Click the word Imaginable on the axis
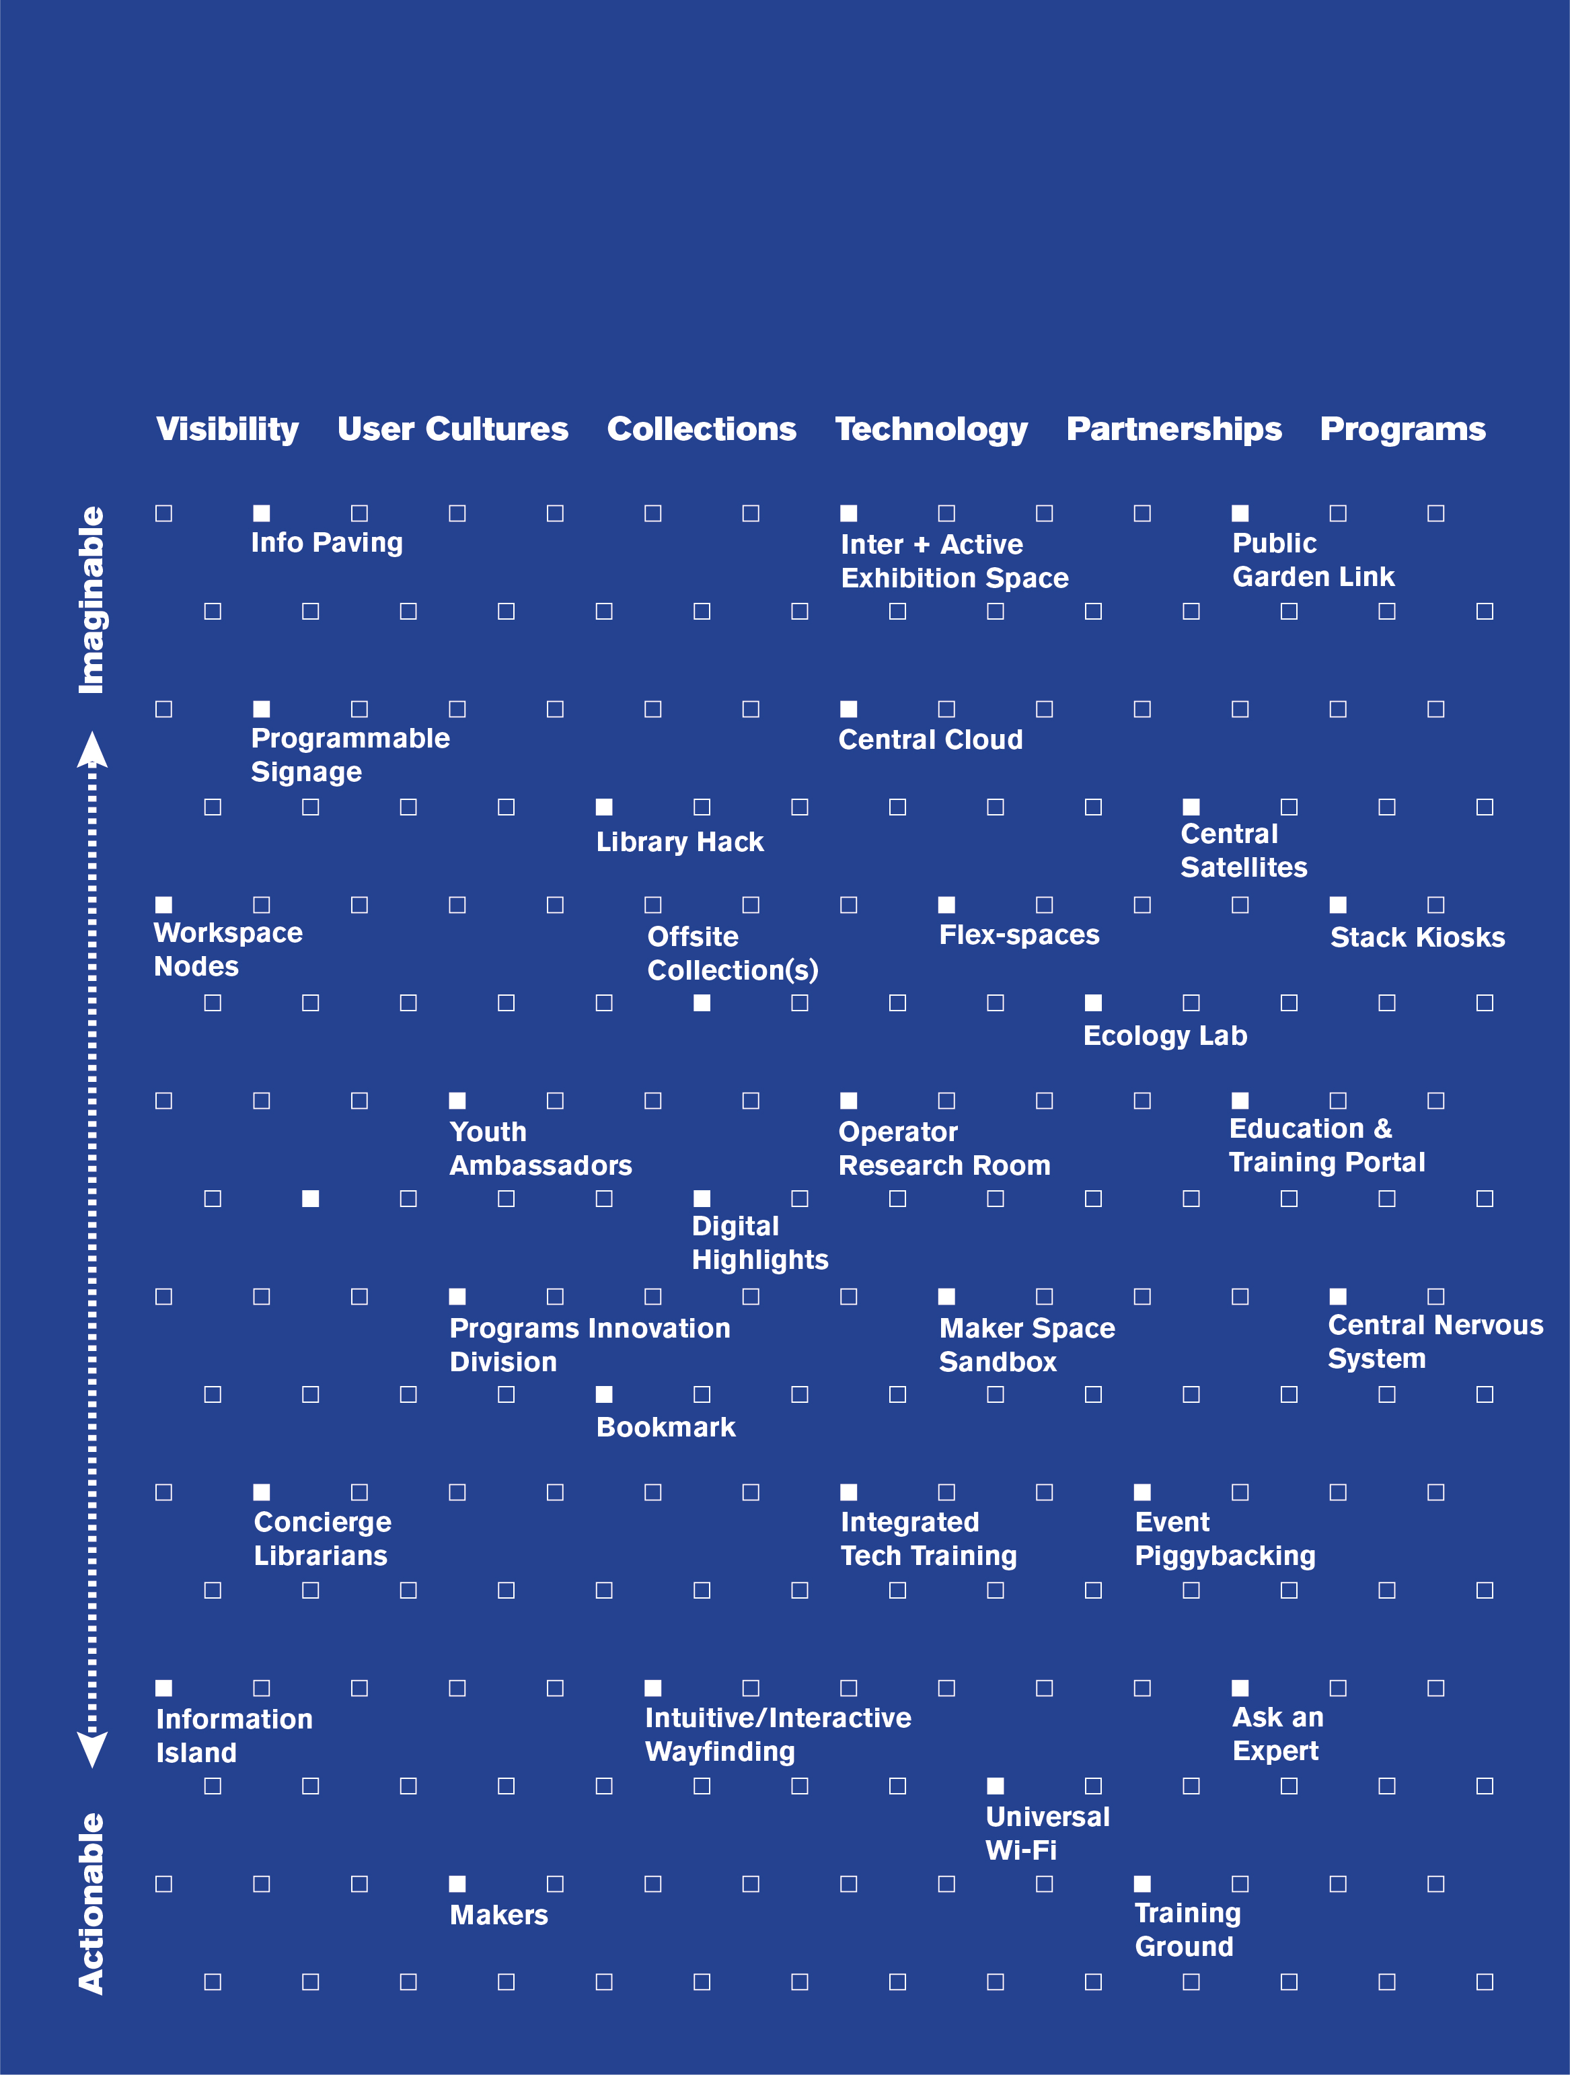tap(92, 600)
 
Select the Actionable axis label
tap(92, 1903)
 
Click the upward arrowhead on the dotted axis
tap(92, 750)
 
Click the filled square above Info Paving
tap(262, 513)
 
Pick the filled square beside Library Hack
tap(604, 807)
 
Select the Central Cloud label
tap(930, 740)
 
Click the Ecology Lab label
tap(1165, 1035)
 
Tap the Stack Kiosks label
tap(1417, 937)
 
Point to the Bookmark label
tap(666, 1428)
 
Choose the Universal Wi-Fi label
tap(1047, 1833)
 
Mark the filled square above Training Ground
tap(1142, 1884)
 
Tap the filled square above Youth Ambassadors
tap(457, 1100)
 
